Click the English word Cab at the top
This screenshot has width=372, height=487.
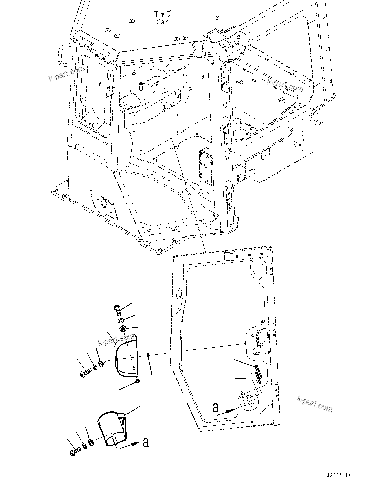click(163, 22)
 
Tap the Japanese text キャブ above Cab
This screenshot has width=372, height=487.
click(163, 14)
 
